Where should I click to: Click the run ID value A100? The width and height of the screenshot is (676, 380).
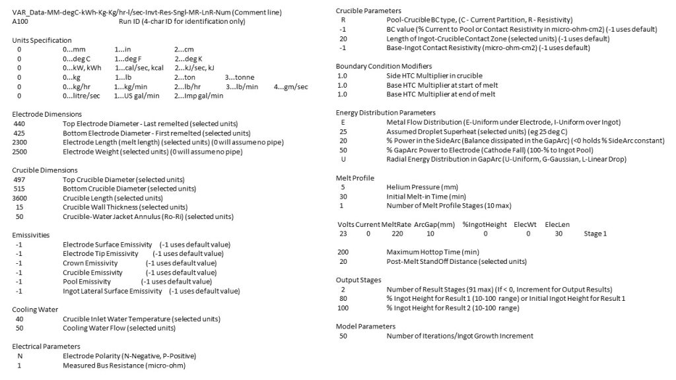(20, 22)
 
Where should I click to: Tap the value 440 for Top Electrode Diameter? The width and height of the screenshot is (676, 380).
(18, 123)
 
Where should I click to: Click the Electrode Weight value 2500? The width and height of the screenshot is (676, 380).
(20, 151)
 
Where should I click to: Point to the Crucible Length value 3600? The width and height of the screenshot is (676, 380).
(20, 198)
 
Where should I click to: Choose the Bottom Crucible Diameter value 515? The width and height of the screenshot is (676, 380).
(18, 189)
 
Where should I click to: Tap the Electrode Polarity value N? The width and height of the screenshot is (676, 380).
(19, 356)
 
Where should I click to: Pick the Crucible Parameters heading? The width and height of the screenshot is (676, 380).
(368, 11)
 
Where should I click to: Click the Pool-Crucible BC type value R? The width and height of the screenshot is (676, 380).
(343, 20)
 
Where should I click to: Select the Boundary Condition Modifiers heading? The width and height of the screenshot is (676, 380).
(384, 67)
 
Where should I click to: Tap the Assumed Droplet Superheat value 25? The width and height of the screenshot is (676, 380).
(343, 132)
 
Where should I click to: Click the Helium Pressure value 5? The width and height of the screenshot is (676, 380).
(343, 187)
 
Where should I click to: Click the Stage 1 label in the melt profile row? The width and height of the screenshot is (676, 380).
(595, 234)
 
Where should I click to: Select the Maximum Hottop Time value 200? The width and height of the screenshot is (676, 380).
(343, 252)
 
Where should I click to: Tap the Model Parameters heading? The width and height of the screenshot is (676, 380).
(366, 327)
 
